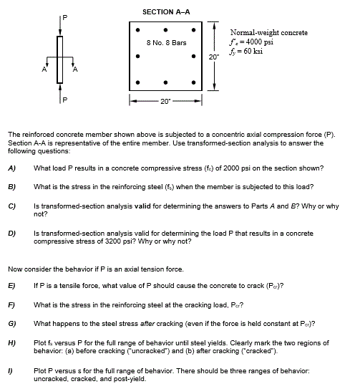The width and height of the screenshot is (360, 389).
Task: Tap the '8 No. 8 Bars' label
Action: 165,42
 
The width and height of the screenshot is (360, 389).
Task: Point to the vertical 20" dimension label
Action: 213,56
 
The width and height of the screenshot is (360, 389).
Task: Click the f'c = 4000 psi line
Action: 256,42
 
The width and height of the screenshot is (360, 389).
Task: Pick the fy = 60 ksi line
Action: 250,50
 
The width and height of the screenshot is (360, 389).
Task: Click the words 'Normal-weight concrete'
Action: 269,33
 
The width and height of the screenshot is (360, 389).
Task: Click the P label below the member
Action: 64,100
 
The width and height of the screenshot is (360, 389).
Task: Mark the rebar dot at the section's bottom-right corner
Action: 193,82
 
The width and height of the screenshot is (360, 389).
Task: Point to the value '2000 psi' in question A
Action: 250,168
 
